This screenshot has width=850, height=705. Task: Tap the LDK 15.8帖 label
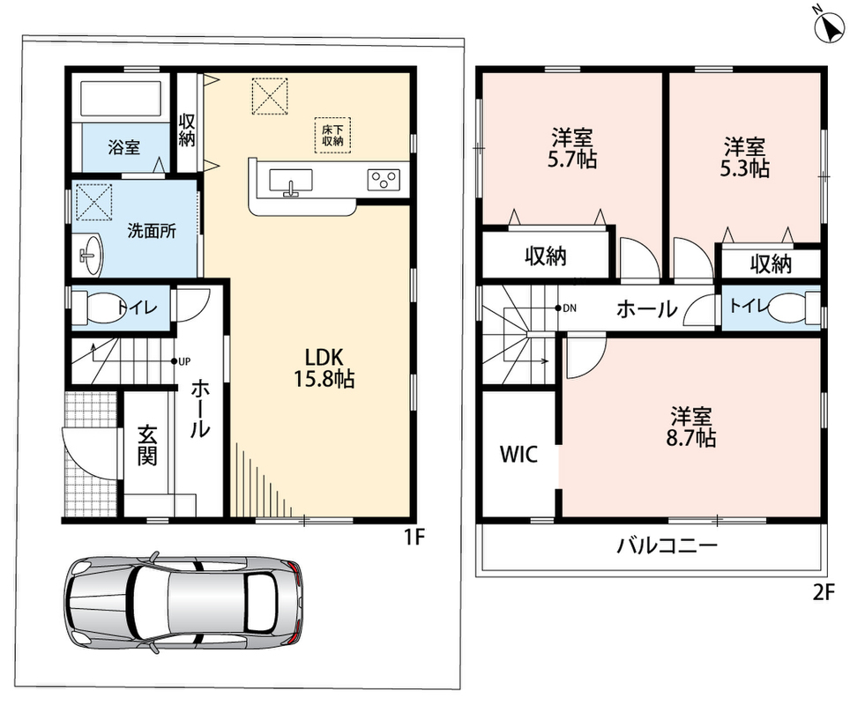(x=324, y=368)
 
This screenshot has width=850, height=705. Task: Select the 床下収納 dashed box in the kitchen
(x=332, y=135)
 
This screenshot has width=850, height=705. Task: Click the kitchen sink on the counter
(x=291, y=181)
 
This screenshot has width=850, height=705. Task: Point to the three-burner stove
(x=384, y=180)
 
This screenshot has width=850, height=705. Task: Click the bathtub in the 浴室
(x=122, y=98)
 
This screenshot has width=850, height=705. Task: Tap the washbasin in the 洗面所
(x=91, y=255)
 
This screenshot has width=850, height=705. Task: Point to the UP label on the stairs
(x=185, y=361)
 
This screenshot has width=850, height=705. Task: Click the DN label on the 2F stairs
(x=570, y=308)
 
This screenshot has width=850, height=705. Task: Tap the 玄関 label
(x=147, y=446)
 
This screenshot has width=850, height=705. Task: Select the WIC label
(x=518, y=454)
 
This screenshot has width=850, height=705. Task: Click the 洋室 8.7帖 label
(x=690, y=427)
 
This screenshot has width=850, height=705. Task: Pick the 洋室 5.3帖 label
(x=744, y=157)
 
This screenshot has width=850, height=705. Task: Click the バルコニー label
(x=667, y=545)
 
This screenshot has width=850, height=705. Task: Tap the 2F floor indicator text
(x=823, y=593)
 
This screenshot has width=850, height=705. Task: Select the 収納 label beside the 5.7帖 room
(x=545, y=256)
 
